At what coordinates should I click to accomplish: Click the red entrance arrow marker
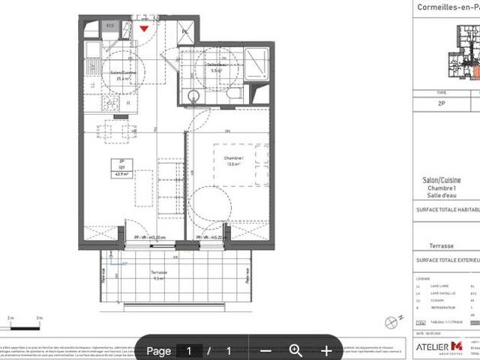click(x=144, y=28)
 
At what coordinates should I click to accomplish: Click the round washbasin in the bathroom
click(x=193, y=96)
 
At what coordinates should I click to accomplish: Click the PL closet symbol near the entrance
click(x=184, y=32)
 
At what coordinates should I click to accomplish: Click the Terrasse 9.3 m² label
click(x=158, y=275)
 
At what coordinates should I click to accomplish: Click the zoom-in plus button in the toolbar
click(x=326, y=350)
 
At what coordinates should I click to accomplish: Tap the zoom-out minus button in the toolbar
click(x=265, y=350)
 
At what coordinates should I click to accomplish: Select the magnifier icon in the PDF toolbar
click(x=295, y=350)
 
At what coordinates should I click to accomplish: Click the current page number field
click(x=189, y=350)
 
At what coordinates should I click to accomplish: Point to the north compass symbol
click(x=389, y=322)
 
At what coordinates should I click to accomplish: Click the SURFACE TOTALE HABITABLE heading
click(x=448, y=210)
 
